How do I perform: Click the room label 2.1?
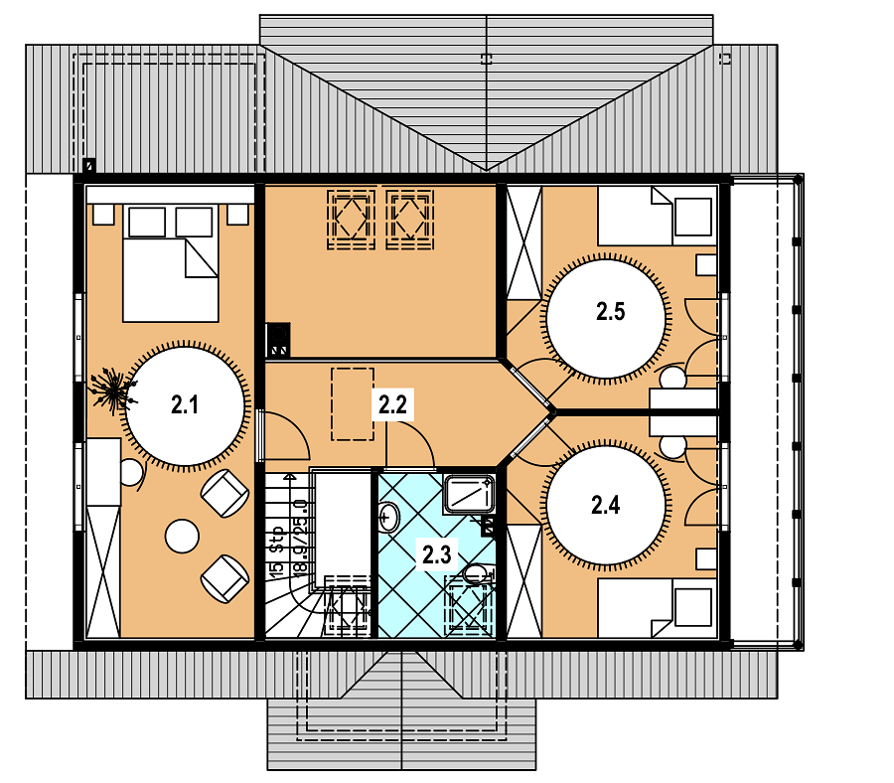185,404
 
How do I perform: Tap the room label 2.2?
392,404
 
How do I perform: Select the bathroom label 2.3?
437,554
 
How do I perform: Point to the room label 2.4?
606,505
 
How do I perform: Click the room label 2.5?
611,311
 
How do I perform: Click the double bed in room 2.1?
171,263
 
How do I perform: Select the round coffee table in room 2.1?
182,536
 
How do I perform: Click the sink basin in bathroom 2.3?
388,518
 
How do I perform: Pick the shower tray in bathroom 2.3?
469,494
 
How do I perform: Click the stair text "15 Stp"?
277,550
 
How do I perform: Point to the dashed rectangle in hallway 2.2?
353,403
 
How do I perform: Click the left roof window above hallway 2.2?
351,220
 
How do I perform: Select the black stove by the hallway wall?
278,340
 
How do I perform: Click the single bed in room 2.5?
657,217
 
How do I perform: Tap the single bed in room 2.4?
657,608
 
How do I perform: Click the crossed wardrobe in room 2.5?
523,242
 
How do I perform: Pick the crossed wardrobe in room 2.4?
523,581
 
